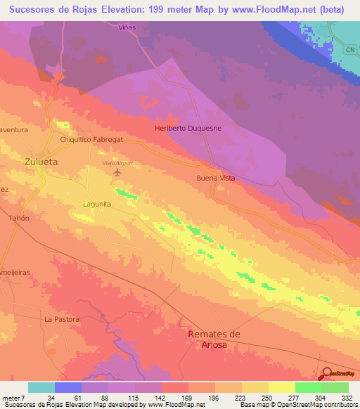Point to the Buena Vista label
(x=215, y=178)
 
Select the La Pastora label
(x=60, y=318)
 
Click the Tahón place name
(x=18, y=219)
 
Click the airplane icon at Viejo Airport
(x=117, y=172)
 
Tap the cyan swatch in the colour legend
(x=41, y=387)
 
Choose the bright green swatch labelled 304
(x=309, y=387)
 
